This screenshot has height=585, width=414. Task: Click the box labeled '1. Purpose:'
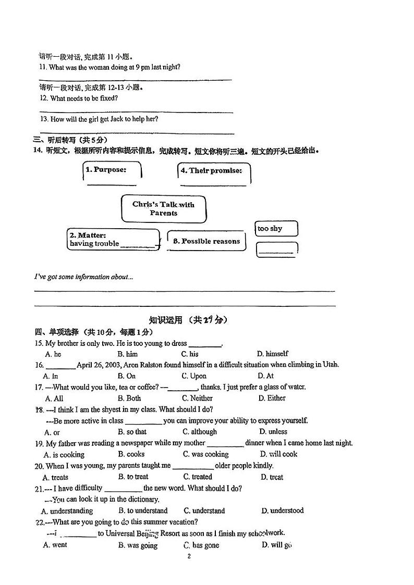click(112, 170)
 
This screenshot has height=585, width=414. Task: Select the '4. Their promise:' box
click(213, 171)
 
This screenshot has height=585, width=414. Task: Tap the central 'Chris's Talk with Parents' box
click(163, 208)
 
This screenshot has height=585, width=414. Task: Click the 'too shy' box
click(276, 229)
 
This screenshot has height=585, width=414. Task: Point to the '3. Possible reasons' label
click(206, 241)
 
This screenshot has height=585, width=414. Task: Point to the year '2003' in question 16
click(111, 365)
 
